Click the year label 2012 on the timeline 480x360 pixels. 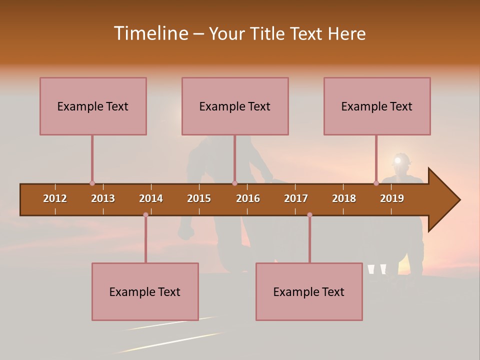[55, 198]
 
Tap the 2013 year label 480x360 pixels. [103, 198]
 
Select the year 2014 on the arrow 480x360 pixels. [151, 198]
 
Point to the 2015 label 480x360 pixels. [199, 198]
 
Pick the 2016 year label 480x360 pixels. [248, 198]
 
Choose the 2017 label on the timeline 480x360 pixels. [296, 198]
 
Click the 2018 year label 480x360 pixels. [344, 198]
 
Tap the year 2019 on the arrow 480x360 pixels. [392, 198]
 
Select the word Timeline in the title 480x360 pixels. [150, 33]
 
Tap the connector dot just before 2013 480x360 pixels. [92, 183]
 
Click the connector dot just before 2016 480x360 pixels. [234, 183]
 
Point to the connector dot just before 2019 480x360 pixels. [376, 183]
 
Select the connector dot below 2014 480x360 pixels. [145, 215]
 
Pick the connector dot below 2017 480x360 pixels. [309, 215]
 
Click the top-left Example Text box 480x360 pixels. [93, 106]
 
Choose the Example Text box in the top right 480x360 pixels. [377, 106]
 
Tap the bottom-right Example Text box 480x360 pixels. [309, 291]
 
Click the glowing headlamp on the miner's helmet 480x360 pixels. [398, 160]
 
